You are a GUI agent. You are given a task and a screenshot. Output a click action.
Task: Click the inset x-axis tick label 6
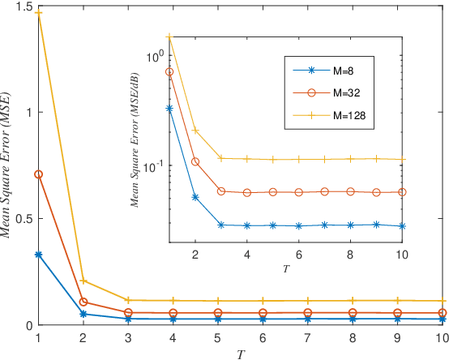pos(299,254)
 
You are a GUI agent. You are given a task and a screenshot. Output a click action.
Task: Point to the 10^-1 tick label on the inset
pos(152,165)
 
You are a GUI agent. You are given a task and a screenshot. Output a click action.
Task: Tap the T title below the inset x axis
pos(287,268)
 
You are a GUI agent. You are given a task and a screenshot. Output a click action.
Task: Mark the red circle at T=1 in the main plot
pos(38,174)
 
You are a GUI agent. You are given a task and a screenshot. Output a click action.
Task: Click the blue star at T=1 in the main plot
pos(38,255)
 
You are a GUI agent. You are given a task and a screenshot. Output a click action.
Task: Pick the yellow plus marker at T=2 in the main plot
pos(83,281)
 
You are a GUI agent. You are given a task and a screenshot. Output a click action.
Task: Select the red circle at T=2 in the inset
pos(195,161)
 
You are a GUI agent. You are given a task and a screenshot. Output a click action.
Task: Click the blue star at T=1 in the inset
pos(169,108)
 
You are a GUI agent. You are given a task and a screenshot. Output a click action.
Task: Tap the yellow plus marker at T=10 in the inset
pos(402,159)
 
